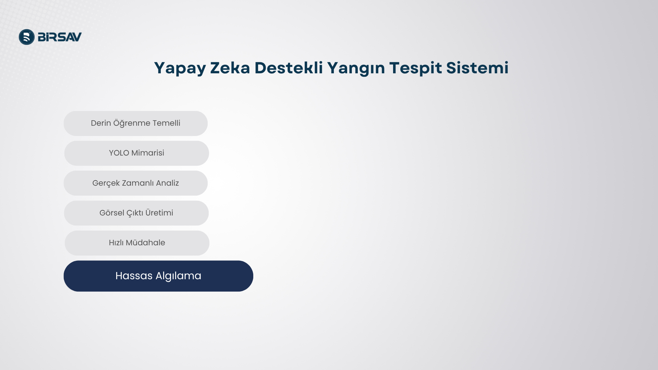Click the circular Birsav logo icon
(27, 37)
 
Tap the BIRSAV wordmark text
(60, 37)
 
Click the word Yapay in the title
(180, 68)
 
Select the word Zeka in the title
(230, 67)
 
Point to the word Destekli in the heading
(289, 67)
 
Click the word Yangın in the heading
(356, 68)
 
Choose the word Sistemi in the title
(477, 67)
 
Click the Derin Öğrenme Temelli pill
(136, 123)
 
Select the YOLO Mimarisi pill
(136, 153)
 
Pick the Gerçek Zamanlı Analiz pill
(136, 183)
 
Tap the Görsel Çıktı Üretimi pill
(136, 213)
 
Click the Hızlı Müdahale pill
(137, 243)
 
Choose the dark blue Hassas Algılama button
(158, 276)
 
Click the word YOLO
(119, 153)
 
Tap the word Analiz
(167, 183)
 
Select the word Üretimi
(159, 212)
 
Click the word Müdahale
(145, 242)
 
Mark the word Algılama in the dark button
(178, 276)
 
